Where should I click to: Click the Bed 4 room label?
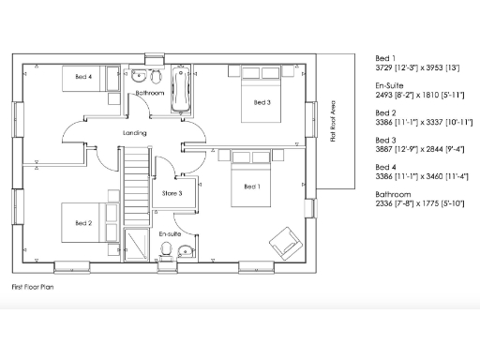coord(83,77)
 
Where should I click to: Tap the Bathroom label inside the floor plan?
coord(150,94)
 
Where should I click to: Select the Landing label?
coord(135,133)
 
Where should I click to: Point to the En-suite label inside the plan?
coord(170,232)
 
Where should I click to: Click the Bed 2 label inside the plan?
coord(83,223)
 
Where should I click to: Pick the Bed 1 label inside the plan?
coord(251,187)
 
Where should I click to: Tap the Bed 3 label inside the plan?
coord(262,102)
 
